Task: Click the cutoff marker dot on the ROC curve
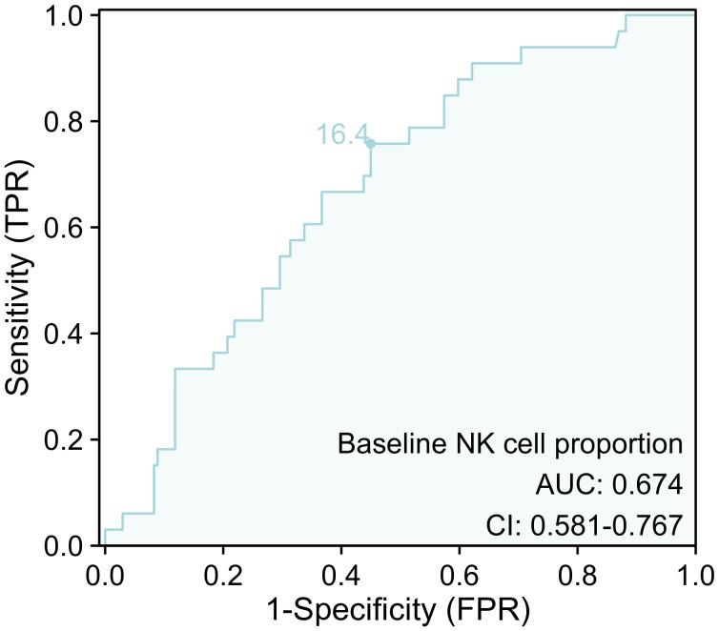pos(370,144)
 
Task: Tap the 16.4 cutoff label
pos(342,135)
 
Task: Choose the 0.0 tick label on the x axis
pos(105,576)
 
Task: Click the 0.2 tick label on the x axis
pos(223,576)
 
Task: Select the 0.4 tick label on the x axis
pos(341,576)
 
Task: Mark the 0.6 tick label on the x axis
pos(460,576)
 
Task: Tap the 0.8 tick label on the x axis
pos(578,576)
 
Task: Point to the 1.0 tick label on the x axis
pos(695,576)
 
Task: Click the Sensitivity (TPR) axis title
pos(21,281)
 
